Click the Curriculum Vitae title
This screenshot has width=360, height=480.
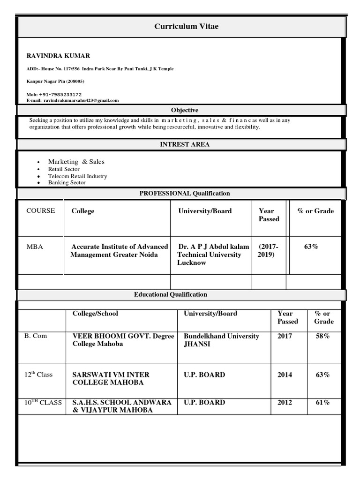(186, 27)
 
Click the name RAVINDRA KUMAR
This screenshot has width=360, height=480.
(58, 56)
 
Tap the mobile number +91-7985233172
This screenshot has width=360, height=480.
(60, 94)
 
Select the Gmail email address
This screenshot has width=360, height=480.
(81, 100)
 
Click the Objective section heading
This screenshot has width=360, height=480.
(184, 110)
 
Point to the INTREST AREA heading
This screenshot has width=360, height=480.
(185, 144)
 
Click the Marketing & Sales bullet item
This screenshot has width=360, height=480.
(76, 162)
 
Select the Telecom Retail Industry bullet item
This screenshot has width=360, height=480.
(77, 176)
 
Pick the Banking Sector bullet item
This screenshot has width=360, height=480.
(67, 183)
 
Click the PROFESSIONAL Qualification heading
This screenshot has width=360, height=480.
(184, 193)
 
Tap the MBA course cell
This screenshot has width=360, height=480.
(35, 247)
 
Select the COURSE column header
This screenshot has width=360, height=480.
(40, 210)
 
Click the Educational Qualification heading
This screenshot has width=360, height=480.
(170, 294)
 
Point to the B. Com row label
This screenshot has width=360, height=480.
(36, 336)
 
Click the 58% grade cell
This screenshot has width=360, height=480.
(322, 336)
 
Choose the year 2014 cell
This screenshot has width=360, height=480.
(285, 375)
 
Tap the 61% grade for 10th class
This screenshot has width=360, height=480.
(322, 402)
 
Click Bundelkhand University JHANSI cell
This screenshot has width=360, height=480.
(221, 340)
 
